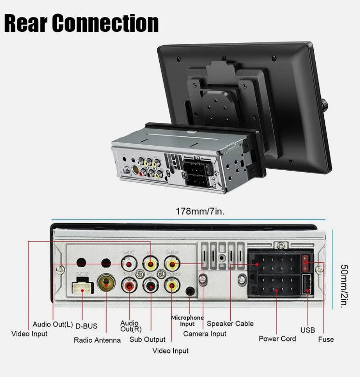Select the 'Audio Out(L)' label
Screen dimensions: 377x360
click(x=53, y=324)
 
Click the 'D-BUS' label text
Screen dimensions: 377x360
click(x=86, y=326)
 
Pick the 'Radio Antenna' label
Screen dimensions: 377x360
click(x=97, y=340)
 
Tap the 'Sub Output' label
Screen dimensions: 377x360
click(x=147, y=339)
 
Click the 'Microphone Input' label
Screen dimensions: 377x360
click(x=187, y=321)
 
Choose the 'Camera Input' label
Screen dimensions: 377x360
click(x=205, y=334)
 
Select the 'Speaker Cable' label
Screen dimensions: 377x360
click(x=230, y=323)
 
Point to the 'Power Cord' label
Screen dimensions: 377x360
click(x=277, y=338)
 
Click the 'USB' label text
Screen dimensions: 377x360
click(x=307, y=330)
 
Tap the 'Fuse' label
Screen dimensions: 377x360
click(x=326, y=339)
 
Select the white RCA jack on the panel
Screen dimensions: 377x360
click(x=129, y=264)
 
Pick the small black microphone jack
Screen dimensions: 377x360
click(x=190, y=291)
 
